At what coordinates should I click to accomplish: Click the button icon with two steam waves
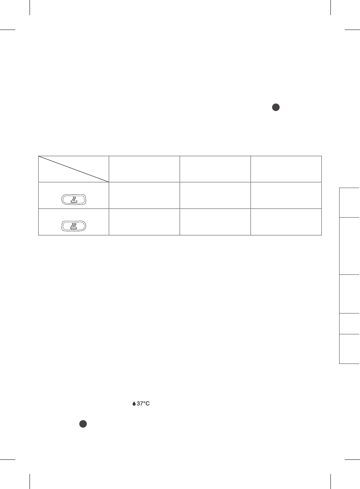point(74,199)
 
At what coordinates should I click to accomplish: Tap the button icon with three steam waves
point(74,226)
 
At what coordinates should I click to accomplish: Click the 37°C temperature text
point(143,404)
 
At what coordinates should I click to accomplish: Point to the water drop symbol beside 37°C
point(134,404)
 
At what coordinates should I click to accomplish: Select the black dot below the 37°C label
point(83,425)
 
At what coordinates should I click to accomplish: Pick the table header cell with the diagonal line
point(74,169)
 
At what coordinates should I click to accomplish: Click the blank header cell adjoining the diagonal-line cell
point(144,169)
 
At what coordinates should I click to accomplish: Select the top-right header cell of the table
point(286,169)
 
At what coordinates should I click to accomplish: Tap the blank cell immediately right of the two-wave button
point(144,196)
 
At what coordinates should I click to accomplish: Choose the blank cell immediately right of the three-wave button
point(144,222)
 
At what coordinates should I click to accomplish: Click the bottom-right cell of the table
point(286,222)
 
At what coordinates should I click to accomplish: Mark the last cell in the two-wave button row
point(286,196)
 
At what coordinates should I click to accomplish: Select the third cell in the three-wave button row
point(215,222)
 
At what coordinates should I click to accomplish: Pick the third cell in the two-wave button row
point(215,196)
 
